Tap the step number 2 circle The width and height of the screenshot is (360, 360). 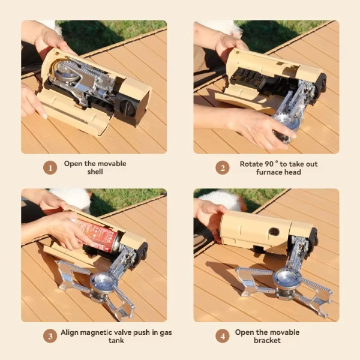(x=223, y=167)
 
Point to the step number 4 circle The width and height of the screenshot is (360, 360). (x=223, y=336)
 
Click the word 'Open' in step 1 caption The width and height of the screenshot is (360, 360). (x=73, y=163)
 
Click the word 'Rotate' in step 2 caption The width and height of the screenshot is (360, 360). (x=252, y=163)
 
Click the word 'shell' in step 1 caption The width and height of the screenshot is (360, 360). (x=94, y=172)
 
